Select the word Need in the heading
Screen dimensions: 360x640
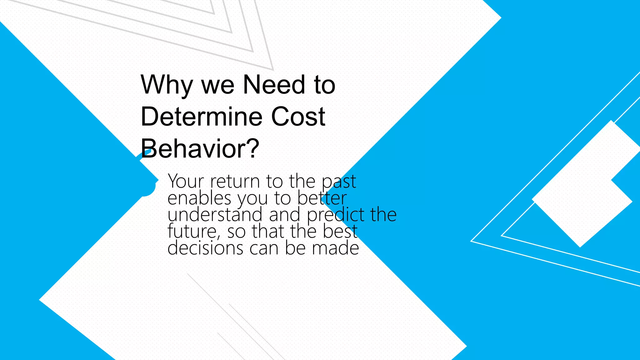pyautogui.click(x=274, y=85)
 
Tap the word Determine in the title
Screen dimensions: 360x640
pyautogui.click(x=201, y=117)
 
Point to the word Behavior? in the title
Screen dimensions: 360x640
pyautogui.click(x=200, y=148)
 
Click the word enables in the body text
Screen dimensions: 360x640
pyautogui.click(x=199, y=198)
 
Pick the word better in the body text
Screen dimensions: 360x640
pyautogui.click(x=322, y=198)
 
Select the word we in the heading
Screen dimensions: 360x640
pyautogui.click(x=218, y=85)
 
